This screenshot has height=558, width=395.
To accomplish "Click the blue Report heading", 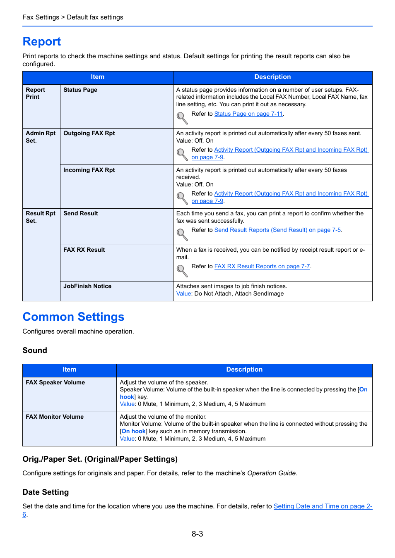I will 41,42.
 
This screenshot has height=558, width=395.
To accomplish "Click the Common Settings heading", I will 73,317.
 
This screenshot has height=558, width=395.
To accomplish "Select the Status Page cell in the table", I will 80,90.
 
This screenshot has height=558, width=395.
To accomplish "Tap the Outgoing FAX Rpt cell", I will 89,133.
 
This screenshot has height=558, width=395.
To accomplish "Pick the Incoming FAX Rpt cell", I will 89,170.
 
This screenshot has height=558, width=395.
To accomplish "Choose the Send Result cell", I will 81,213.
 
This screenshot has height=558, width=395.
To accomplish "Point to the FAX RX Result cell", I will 84,250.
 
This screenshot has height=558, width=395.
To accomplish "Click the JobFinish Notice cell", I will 87,286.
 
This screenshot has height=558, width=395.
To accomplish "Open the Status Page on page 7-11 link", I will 248,114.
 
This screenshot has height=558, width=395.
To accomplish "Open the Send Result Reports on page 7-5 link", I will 277,230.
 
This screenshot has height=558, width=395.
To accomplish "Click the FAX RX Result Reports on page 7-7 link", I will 262,266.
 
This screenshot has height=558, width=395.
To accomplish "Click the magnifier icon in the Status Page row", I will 182,118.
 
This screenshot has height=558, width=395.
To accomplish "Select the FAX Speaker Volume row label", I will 55,382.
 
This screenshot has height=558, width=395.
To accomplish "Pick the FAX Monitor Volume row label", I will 55,417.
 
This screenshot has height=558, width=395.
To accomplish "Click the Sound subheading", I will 35,351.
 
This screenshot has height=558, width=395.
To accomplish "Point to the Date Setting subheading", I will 46,492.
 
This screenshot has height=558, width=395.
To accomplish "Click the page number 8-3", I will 197,534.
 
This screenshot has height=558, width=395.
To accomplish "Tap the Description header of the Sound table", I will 244,370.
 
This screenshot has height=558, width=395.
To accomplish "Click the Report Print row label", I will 35,93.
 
